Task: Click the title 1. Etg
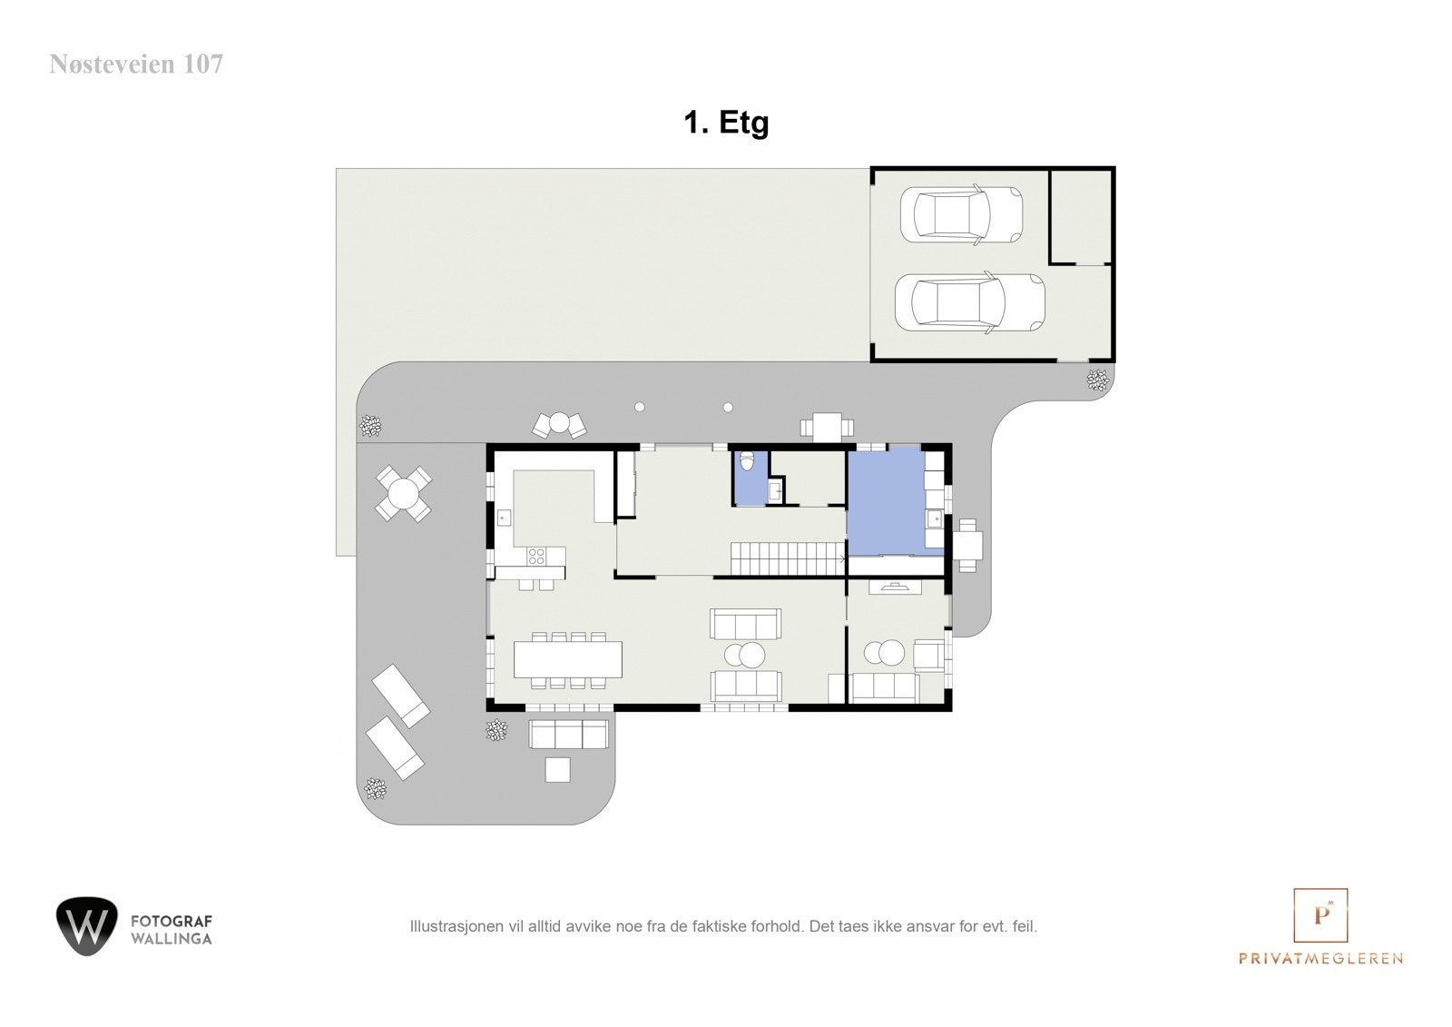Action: [x=726, y=122]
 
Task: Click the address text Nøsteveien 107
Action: [x=136, y=64]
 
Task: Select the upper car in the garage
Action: [x=960, y=214]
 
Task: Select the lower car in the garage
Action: [x=968, y=302]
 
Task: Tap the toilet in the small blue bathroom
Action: [x=747, y=461]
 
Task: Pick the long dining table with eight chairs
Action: [x=568, y=659]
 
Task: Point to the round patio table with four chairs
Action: [x=403, y=494]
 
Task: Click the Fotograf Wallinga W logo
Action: [x=87, y=925]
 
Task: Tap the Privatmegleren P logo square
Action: [x=1320, y=915]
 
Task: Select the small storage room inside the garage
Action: [x=1081, y=216]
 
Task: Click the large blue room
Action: [x=885, y=501]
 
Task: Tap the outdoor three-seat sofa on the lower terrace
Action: [x=568, y=734]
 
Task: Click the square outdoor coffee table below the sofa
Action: [x=557, y=769]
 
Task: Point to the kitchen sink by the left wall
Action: [x=505, y=518]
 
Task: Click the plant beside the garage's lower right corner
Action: [x=1098, y=380]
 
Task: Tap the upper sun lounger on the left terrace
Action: [x=401, y=696]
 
